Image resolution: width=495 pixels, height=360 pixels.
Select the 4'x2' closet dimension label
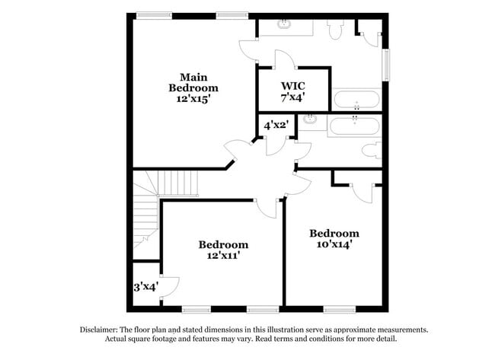tap(276, 125)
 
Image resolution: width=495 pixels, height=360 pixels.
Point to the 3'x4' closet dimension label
tap(145, 287)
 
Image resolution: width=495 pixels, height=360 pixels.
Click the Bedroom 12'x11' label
tap(223, 250)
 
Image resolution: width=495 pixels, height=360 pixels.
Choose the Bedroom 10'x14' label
tap(334, 238)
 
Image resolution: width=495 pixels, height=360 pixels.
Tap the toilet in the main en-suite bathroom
tap(334, 28)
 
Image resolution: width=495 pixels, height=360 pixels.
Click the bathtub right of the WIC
tap(356, 99)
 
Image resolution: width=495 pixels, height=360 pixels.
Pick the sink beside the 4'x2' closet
tap(311, 119)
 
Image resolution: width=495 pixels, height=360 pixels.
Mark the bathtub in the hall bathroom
tap(356, 125)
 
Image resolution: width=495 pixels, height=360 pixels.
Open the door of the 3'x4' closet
tap(169, 285)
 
